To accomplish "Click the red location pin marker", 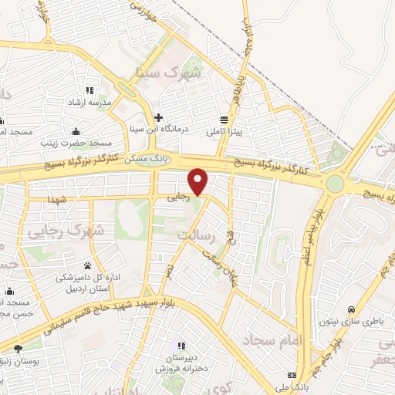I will tap(199, 181).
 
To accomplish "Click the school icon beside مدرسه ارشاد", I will tap(89, 90).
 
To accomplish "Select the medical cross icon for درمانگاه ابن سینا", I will tap(158, 117).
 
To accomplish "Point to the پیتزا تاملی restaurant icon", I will tap(224, 120).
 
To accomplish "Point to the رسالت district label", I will tap(194, 232).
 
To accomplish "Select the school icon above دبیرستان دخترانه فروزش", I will tap(181, 346).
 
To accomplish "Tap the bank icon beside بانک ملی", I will tap(291, 375).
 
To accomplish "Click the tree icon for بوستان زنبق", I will tap(18, 349).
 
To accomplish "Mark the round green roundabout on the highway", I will tap(335, 184).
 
